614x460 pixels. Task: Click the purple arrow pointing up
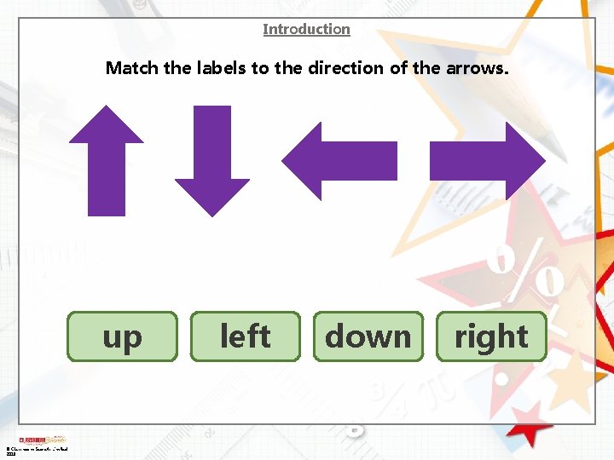tap(107, 162)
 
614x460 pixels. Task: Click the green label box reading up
tap(123, 336)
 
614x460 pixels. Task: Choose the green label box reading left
tap(246, 336)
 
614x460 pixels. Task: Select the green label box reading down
tap(368, 336)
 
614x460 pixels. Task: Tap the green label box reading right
tap(491, 336)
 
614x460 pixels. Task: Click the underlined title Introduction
tap(306, 29)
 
